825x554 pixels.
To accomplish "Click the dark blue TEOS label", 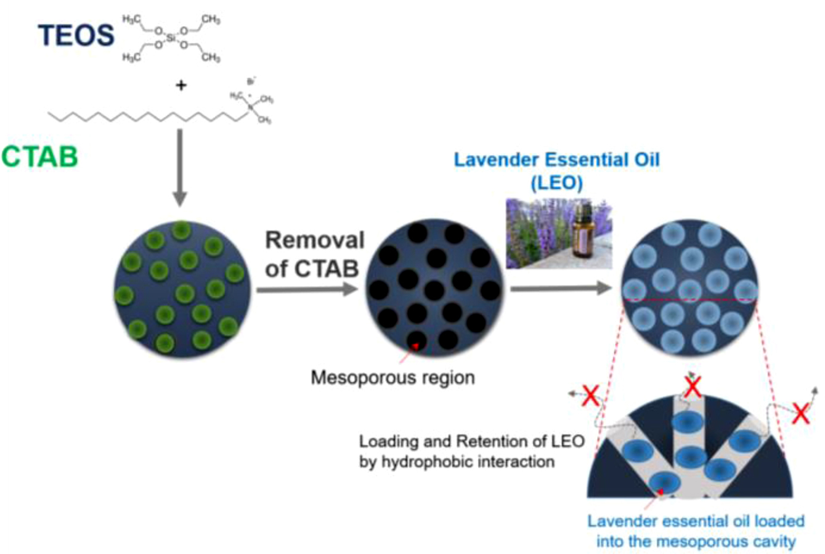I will point(76,35).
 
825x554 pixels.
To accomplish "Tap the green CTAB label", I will point(39,157).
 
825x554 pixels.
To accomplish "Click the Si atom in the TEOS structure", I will point(171,38).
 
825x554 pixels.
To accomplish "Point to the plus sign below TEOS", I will point(181,86).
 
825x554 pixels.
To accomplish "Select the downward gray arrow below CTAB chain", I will point(180,166).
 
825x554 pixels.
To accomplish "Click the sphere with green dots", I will point(182,288).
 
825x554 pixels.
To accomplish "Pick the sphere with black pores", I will point(434,289).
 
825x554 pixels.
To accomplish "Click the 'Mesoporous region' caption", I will point(392,377).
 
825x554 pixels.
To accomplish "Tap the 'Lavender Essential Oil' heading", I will point(556,160).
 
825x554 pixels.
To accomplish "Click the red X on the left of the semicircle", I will point(591,396).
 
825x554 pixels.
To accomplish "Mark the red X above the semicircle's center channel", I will point(693,388).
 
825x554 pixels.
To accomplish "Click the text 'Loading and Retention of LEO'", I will point(471,441).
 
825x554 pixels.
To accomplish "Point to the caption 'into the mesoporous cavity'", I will point(696,542).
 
